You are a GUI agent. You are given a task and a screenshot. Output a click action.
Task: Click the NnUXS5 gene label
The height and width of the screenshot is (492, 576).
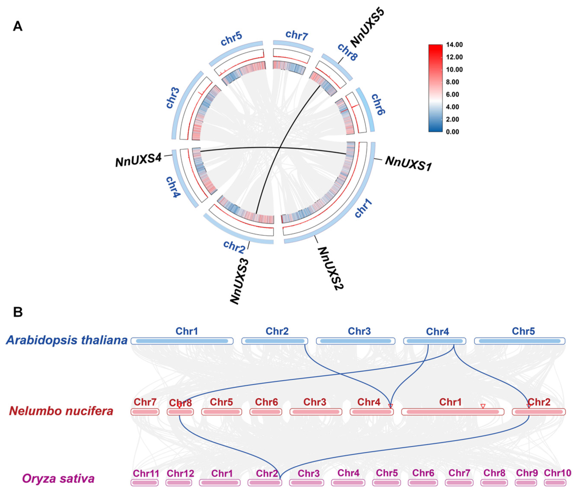pos(367,28)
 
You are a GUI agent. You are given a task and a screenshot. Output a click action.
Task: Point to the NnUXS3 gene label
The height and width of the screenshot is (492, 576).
pos(239,281)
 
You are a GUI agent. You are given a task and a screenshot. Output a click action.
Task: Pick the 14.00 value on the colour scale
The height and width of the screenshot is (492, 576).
pos(454,45)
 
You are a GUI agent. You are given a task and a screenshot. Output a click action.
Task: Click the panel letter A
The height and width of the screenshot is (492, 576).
pos(18,27)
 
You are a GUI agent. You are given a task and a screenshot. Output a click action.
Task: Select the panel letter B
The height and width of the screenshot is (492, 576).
pos(18,312)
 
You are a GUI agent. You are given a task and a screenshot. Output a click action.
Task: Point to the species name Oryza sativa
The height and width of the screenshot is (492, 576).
pos(58,478)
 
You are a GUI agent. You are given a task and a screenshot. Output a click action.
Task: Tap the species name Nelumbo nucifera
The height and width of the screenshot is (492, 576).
pos(61,411)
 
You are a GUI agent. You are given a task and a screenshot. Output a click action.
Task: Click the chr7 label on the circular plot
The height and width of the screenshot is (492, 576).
pos(297,35)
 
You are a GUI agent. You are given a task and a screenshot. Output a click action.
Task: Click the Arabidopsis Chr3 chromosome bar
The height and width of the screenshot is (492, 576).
pos(356,341)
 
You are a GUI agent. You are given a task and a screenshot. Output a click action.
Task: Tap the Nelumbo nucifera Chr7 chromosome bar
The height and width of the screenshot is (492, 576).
pos(145,412)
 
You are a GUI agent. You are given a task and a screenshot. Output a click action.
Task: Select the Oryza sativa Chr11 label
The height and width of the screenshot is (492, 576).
pos(146,473)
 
